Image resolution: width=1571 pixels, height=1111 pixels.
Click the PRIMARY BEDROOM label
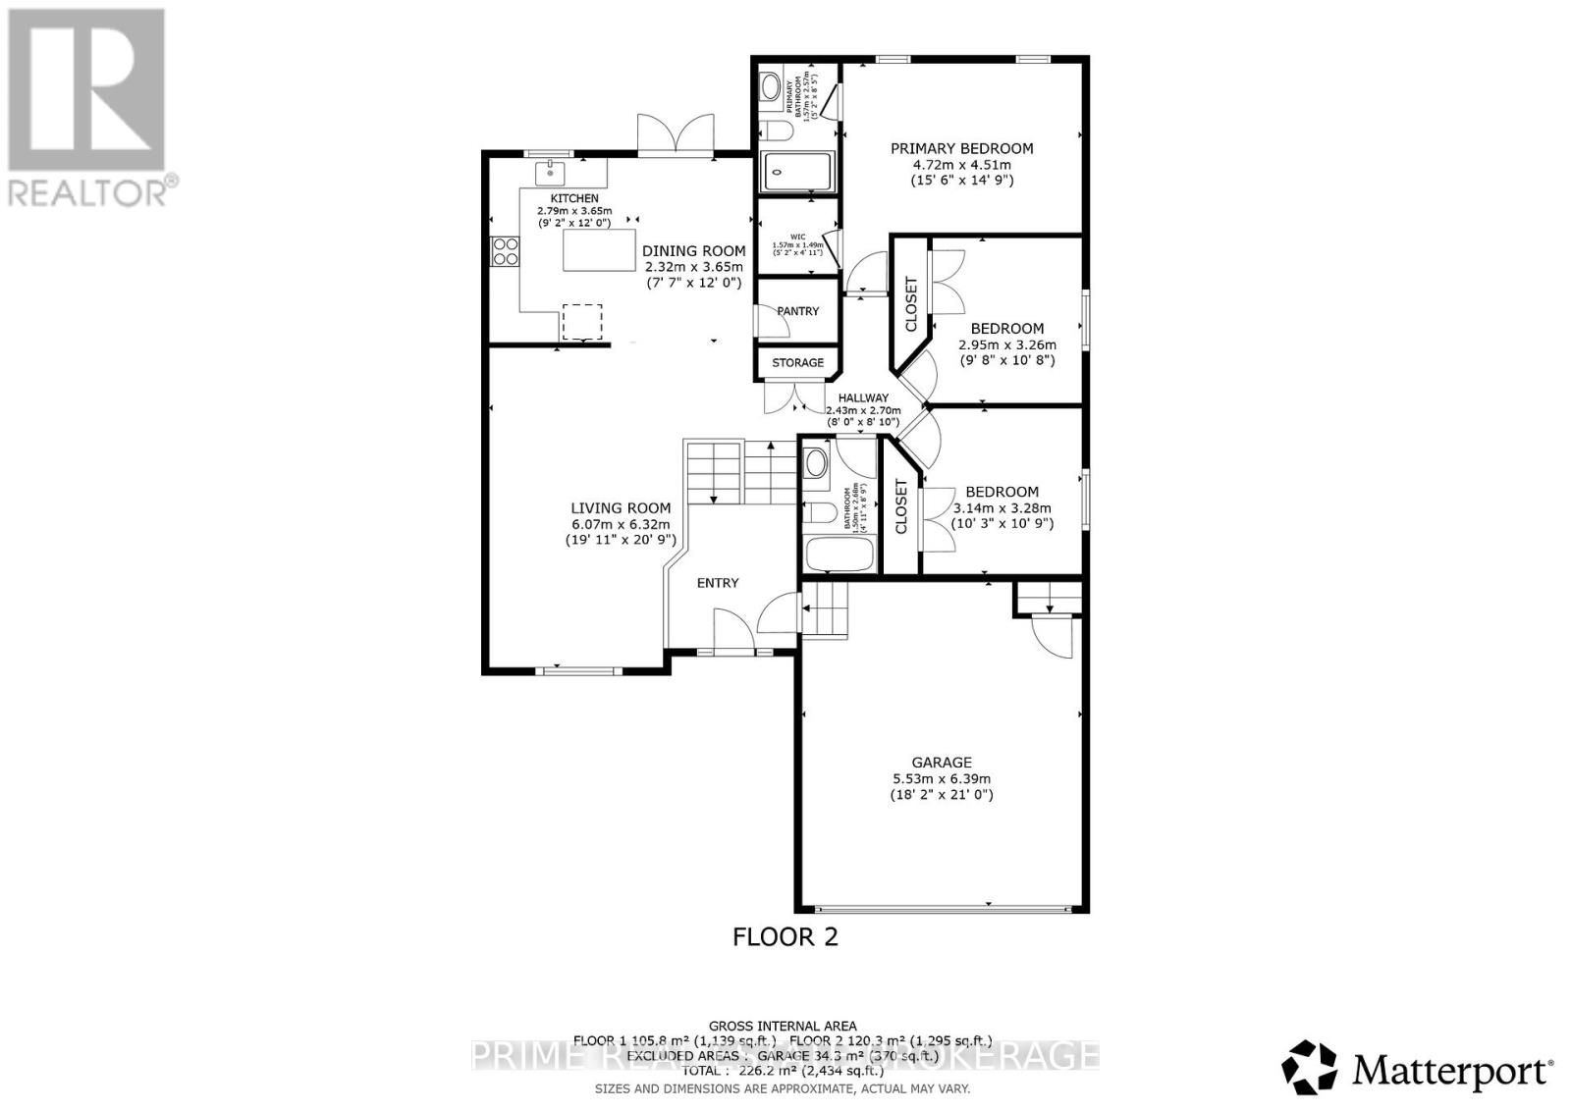tap(961, 148)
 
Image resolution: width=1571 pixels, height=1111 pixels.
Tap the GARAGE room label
tap(941, 762)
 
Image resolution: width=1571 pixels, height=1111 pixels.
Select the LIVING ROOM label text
tap(621, 507)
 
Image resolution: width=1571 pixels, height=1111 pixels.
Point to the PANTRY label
tap(797, 311)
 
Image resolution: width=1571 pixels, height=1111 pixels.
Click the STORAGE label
tap(797, 362)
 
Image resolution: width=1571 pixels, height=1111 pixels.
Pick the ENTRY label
tap(717, 583)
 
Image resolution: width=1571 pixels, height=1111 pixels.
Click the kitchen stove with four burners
tap(505, 251)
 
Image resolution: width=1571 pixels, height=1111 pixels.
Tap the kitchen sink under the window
tap(551, 174)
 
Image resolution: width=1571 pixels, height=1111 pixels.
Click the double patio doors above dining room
tap(676, 134)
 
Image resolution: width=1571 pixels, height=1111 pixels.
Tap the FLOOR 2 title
tap(785, 936)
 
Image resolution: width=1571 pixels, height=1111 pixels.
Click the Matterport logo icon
tap(1310, 1067)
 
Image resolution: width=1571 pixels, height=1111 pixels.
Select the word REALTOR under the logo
tap(88, 190)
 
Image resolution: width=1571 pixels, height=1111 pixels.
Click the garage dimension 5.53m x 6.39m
tap(941, 778)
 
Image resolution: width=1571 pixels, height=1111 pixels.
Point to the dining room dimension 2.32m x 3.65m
tap(693, 267)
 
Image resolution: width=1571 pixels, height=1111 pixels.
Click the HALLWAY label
tap(862, 398)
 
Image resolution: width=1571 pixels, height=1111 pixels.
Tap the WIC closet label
tap(796, 237)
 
